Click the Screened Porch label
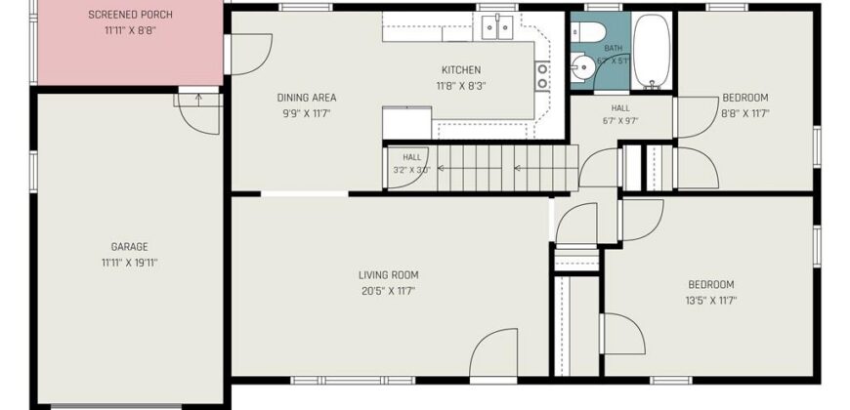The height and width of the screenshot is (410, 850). point(130,15)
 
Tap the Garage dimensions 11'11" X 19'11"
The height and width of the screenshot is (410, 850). point(130,264)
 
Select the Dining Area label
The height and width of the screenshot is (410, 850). point(307,98)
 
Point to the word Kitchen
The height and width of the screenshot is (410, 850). point(461,70)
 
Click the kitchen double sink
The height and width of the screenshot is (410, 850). point(497,28)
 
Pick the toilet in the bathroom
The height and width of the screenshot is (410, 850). point(588,32)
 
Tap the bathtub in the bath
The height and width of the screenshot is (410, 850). point(652,51)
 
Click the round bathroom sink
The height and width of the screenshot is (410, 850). point(582,68)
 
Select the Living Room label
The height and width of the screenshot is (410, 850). point(389,275)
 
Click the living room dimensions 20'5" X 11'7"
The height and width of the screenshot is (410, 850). point(389,291)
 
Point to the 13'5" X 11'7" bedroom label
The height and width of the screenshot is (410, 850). point(711,301)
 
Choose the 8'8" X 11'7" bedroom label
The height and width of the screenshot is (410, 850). point(745,114)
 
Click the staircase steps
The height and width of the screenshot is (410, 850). point(505,168)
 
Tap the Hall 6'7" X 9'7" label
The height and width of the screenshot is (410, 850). point(620,115)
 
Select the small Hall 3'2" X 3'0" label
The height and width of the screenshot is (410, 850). point(412,164)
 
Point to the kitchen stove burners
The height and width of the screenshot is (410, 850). point(542,76)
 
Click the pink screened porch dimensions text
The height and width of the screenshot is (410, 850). point(130,31)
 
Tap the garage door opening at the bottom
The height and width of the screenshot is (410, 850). point(116,404)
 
